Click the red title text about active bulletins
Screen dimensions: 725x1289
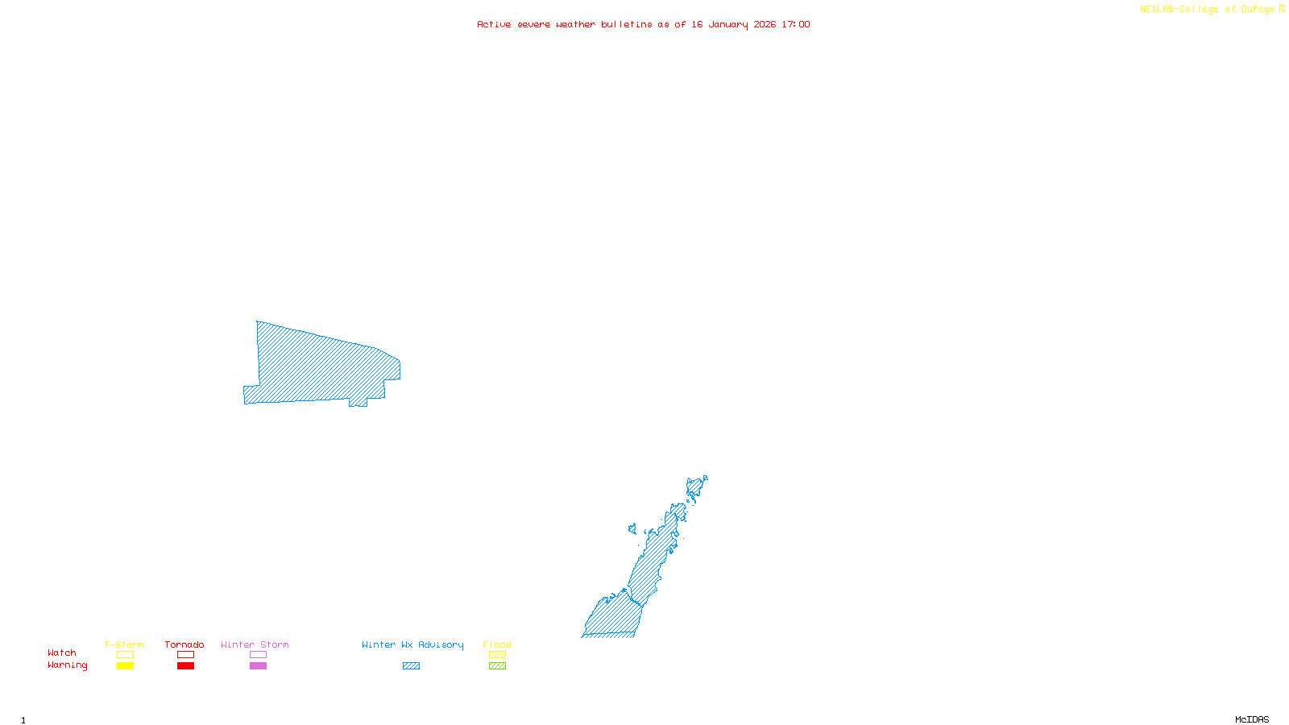pos(643,24)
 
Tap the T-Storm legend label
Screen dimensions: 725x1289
pos(124,644)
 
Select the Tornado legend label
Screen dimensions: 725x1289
pos(184,644)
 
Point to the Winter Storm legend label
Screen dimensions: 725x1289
pos(255,644)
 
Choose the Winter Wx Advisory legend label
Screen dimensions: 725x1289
pos(412,644)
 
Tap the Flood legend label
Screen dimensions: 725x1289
pos(497,644)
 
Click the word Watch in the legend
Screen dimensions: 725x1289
pos(62,652)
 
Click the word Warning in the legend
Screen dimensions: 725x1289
pos(67,665)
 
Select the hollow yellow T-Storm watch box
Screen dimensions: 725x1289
pos(125,655)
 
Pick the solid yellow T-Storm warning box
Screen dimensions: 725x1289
pos(125,666)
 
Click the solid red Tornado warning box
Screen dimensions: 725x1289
pos(185,666)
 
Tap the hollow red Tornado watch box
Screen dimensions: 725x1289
pos(185,655)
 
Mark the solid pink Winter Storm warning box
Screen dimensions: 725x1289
pos(258,666)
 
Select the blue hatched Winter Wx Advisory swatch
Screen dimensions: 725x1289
pos(411,666)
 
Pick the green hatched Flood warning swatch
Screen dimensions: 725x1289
pos(497,666)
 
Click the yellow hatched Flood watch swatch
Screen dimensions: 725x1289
pos(497,655)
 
